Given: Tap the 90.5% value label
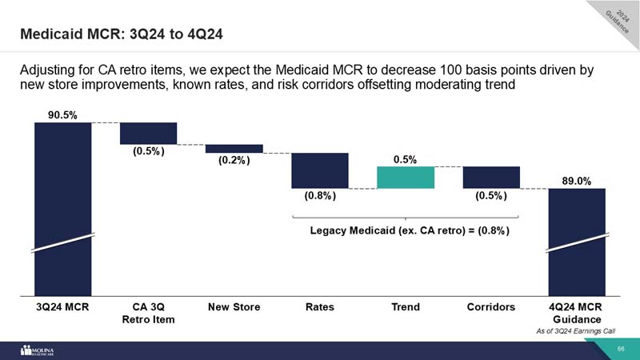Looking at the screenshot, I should [62, 114].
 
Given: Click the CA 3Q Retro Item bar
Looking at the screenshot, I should [148, 133].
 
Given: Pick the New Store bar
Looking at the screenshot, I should [234, 148].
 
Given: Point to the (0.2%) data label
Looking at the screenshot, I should [234, 161].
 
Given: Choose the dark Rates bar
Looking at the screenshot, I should [319, 170].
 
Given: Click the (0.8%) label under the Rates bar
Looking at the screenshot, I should [319, 195].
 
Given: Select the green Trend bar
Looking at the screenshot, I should [405, 177].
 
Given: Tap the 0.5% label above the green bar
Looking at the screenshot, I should [405, 159].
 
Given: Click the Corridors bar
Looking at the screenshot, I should [491, 177].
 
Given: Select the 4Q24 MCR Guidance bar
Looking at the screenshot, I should [576, 240].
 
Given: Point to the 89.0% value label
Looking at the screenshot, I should [576, 181].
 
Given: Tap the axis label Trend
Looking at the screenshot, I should [405, 306].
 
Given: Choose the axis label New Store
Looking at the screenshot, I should [234, 306].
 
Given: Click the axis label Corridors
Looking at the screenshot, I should [491, 306].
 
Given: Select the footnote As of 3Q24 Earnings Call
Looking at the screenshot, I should [576, 330].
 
